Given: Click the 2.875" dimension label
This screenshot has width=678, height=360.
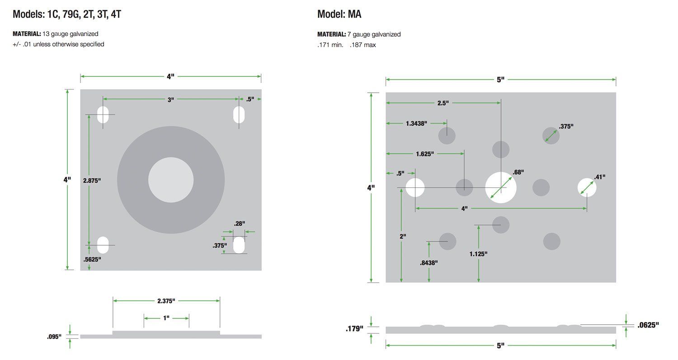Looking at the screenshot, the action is tap(92, 180).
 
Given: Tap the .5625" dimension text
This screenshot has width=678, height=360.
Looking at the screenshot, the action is tap(92, 260).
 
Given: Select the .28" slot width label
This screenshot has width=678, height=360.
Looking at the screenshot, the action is tap(240, 224).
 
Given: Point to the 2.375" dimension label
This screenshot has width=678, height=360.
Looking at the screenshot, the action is tap(166, 301).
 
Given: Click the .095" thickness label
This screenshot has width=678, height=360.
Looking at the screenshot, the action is tap(54, 336).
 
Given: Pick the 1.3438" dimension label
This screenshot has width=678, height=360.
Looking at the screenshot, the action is tap(416, 123).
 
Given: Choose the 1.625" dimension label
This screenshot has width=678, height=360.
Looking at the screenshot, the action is tap(425, 154).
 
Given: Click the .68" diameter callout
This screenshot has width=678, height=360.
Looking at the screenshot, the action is tap(518, 172).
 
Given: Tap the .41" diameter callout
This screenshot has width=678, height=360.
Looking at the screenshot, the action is tap(600, 177).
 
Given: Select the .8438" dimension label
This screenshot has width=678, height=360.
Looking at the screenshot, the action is tap(428, 263).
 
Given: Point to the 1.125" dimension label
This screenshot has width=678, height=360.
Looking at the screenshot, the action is tap(479, 254).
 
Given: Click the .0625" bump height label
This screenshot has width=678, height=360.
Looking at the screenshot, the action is tap(648, 325).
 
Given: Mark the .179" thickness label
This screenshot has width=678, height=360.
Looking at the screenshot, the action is tap(354, 329).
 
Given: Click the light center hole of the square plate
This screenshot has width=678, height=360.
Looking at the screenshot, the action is tap(171, 180).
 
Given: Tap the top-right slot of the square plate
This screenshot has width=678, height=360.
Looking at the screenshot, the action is tap(239, 115).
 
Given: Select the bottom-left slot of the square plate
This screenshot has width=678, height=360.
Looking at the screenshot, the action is tap(103, 245).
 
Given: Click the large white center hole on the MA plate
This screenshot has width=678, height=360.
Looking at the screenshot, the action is tap(501, 187).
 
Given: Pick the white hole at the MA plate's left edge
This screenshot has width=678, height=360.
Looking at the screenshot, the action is tap(415, 187).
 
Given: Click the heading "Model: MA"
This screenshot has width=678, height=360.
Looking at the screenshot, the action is tap(339, 14).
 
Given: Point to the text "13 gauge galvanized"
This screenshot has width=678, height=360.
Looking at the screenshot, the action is tap(70, 34).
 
